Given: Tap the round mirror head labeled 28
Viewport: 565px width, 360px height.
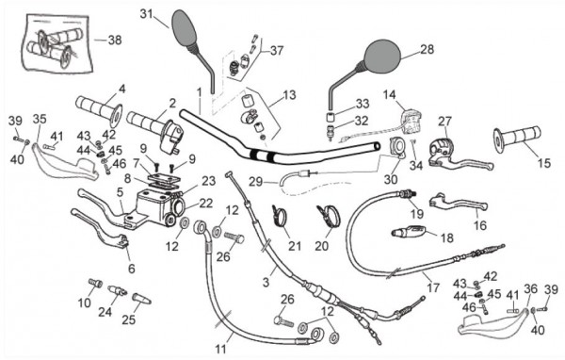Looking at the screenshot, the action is point(382,56).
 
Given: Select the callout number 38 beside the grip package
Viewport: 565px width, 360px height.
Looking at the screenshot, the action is point(115,40).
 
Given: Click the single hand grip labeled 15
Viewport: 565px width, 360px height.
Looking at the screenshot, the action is point(517,139).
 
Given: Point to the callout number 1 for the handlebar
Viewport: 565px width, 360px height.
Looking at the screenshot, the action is point(199,92).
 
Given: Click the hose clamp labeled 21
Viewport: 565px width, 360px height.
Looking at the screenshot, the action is point(281,217).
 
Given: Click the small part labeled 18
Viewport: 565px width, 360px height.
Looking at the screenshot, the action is point(409,231).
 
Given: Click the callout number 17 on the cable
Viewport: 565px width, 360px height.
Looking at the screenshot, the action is point(433,287).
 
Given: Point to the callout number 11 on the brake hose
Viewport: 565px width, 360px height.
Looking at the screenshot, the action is point(220,349).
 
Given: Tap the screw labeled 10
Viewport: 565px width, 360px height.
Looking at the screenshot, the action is point(95,284).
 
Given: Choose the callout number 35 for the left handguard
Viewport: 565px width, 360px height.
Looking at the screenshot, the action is point(40,119).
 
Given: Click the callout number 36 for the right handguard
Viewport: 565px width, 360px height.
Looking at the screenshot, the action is point(530,289).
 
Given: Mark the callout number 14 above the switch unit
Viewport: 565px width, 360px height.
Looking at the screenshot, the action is point(389,95).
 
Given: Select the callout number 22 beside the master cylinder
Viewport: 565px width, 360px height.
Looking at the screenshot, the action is point(206,204).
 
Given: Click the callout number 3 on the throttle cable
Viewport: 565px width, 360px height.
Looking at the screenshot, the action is point(266,282).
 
